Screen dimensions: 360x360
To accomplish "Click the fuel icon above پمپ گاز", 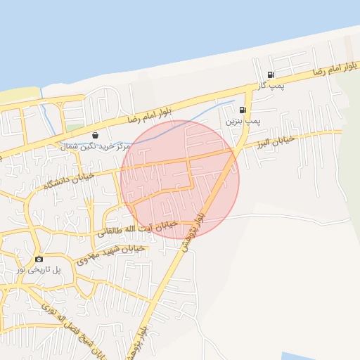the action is coord(271,75).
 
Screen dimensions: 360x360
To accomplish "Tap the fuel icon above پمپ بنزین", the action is coord(243,110).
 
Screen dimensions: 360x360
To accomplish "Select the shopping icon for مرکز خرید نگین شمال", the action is coord(95,134).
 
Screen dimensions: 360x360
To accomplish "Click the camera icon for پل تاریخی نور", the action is coord(39,259).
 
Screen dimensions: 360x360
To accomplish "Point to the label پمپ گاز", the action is coord(268,86).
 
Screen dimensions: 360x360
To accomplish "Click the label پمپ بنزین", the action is coord(243,121).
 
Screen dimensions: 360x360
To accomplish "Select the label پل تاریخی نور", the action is coord(39,269).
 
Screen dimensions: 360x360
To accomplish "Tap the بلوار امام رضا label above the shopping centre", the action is coord(149,114).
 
